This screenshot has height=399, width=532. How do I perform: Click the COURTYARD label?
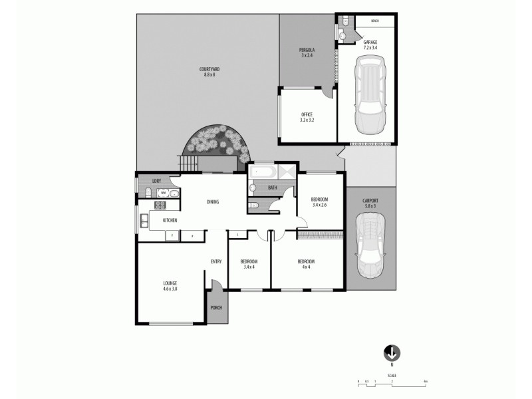(209, 72)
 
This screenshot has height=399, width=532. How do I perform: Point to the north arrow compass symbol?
(392, 353)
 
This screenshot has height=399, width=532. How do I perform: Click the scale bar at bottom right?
(392, 381)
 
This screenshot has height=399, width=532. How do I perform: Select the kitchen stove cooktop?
(160, 206)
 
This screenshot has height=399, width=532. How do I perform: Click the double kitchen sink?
(144, 221)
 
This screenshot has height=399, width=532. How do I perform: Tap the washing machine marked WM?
(162, 193)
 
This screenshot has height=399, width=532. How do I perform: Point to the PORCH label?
(216, 308)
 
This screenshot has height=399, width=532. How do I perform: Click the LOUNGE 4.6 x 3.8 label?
(169, 286)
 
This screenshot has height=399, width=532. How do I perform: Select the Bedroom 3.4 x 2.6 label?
(321, 201)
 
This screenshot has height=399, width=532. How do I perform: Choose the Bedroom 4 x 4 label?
(306, 264)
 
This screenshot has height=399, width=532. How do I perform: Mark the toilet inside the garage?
(343, 35)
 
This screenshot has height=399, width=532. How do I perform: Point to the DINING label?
(213, 202)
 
